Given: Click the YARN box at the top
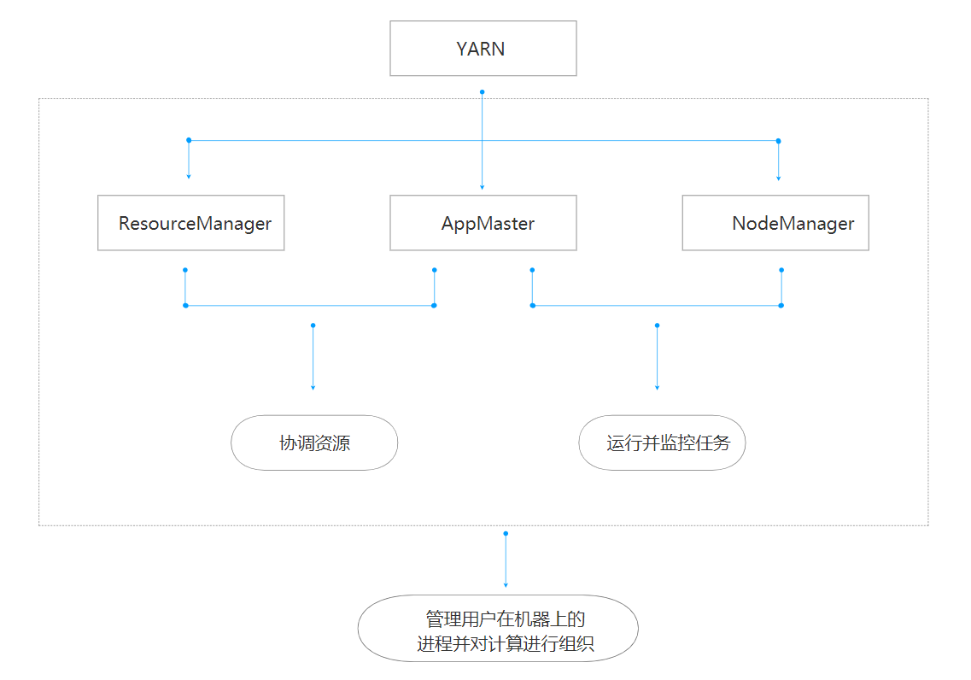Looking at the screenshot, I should coord(483,49).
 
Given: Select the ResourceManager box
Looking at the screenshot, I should coord(190,223).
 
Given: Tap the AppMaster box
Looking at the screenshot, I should coord(483,223).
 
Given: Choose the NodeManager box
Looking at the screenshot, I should coord(775,223).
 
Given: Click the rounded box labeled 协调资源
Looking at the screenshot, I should coord(314,443).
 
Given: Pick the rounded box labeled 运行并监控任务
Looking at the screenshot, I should coord(662,443).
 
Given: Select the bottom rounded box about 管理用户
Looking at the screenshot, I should coord(498,628).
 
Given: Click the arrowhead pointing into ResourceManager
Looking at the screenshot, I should coord(189,176).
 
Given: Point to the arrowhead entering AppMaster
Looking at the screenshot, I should coord(483,186).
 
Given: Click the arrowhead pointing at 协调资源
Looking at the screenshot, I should coord(313,388).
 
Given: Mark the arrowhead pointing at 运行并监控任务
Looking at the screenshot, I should coord(657,388).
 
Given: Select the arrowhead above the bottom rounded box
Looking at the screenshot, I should coord(506,585).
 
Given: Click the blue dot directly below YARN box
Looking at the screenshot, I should coord(483,91).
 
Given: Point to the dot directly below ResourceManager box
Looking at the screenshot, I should coord(185,270).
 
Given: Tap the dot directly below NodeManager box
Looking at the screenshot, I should coord(781,270).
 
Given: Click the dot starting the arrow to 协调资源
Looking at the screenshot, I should coord(313,325).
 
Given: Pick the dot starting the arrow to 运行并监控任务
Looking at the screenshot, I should coord(657,325).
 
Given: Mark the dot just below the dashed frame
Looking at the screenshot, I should coord(506,533).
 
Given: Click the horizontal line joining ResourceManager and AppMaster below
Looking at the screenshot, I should coord(309,305).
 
